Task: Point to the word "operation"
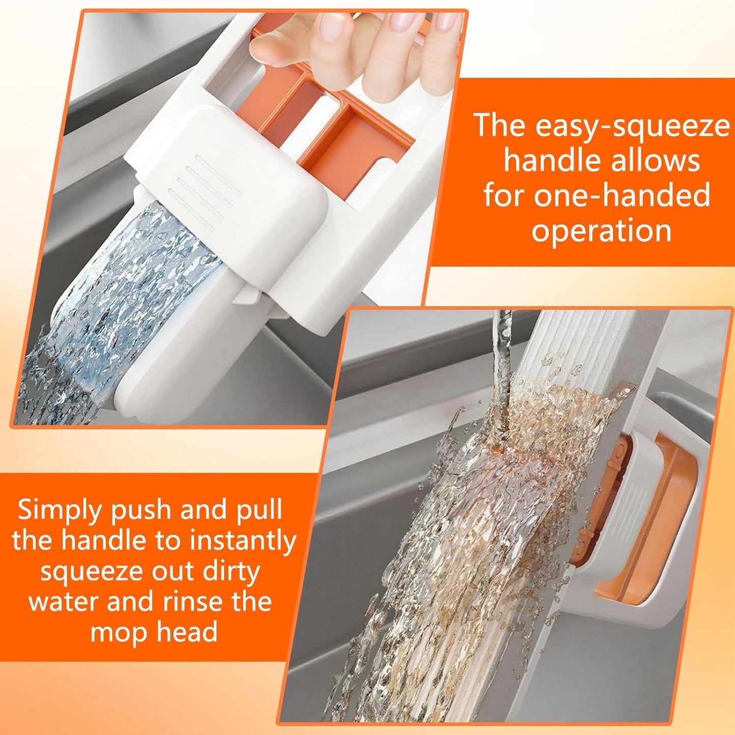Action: coord(602,230)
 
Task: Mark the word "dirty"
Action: coord(231,571)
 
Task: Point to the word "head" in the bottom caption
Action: coord(187,632)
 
